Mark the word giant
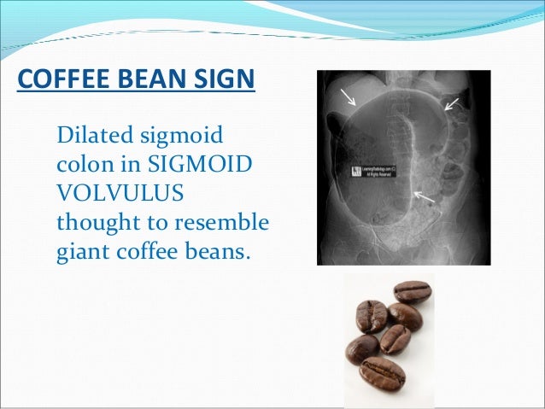pyautogui.click(x=81, y=253)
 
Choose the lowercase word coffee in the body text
pyautogui.click(x=142, y=252)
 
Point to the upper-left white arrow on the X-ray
pyautogui.click(x=349, y=96)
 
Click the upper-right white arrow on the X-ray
pyautogui.click(x=451, y=104)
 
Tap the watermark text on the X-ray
pyautogui.click(x=370, y=172)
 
